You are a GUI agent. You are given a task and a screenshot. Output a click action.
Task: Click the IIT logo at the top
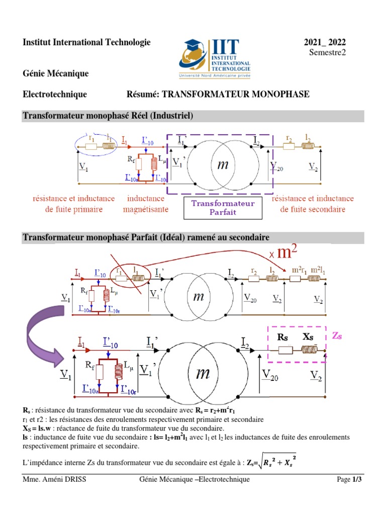pos(215,59)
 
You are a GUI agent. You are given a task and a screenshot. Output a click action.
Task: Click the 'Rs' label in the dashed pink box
pos(283,337)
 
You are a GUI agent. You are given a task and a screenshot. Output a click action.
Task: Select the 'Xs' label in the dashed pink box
pos(308,337)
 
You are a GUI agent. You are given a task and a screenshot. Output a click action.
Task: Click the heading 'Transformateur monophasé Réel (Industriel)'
pos(108,116)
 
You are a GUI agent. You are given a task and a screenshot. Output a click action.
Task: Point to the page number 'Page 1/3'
pos(349,480)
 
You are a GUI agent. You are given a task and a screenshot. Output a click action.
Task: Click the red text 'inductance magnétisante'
pos(145,204)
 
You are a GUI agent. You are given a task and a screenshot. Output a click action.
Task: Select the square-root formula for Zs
pos(275,461)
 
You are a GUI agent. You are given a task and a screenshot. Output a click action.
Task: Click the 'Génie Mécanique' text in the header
pos(56,73)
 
